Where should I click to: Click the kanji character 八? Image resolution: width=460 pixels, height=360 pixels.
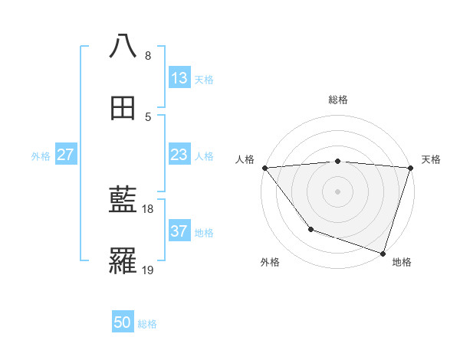click(x=123, y=46)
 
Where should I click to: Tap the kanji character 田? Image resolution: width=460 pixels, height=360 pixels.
click(x=123, y=108)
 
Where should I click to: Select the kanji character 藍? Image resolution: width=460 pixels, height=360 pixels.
click(x=123, y=201)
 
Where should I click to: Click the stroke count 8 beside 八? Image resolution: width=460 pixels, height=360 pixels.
click(x=148, y=56)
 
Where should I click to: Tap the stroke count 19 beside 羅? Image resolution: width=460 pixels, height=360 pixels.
click(x=149, y=270)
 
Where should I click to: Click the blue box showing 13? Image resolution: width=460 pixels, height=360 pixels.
click(x=179, y=78)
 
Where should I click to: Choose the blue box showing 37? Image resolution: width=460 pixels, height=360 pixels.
click(x=179, y=231)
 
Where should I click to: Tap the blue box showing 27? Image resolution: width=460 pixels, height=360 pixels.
click(x=66, y=155)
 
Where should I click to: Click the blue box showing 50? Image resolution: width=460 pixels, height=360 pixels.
click(x=123, y=322)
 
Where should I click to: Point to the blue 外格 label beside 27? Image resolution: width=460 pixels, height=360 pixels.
click(x=41, y=156)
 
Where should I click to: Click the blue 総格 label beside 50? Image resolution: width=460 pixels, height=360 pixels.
click(x=147, y=324)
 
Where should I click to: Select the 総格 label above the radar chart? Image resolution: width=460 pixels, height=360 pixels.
click(x=338, y=100)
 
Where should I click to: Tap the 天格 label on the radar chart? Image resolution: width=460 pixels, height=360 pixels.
click(x=432, y=159)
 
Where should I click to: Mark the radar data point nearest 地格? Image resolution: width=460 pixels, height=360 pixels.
click(x=383, y=253)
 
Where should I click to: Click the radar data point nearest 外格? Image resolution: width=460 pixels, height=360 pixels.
click(x=310, y=229)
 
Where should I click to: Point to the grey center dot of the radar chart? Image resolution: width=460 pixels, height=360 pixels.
click(x=338, y=191)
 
